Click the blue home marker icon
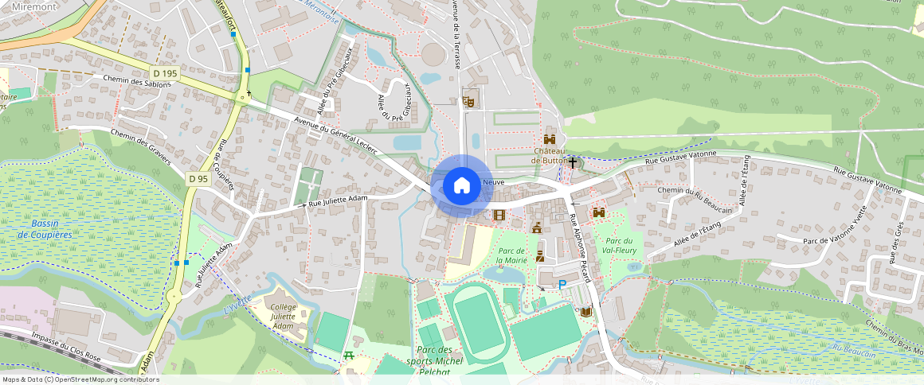click(x=461, y=186)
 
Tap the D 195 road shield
click(x=166, y=73)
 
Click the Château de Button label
click(x=550, y=155)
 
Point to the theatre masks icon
click(x=468, y=101)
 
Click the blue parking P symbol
click(x=562, y=284)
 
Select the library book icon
click(x=586, y=312)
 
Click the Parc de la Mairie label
click(x=511, y=255)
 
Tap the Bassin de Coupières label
click(x=45, y=229)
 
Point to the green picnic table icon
click(x=348, y=356)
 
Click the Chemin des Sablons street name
click(x=137, y=82)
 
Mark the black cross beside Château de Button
click(x=572, y=161)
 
